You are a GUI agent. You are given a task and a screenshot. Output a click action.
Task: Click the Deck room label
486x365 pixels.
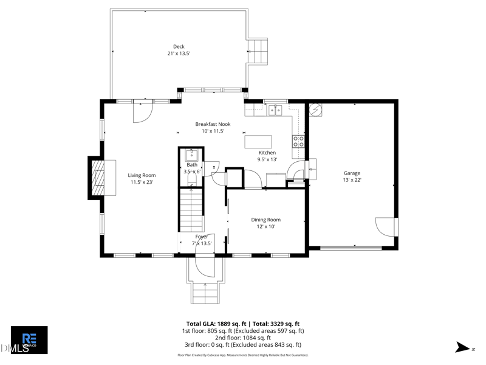(179, 50)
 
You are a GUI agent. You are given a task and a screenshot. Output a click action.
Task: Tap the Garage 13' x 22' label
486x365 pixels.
(352, 176)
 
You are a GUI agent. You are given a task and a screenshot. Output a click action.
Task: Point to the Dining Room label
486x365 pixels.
(266, 223)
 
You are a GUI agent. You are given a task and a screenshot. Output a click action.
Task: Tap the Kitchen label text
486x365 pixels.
(267, 156)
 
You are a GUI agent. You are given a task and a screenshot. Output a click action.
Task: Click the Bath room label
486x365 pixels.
(192, 168)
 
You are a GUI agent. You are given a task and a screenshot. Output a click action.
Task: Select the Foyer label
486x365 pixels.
(202, 240)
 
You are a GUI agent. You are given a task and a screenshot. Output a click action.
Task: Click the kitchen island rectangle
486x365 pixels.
(260, 142)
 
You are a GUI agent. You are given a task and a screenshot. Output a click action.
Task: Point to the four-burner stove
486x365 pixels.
(299, 141)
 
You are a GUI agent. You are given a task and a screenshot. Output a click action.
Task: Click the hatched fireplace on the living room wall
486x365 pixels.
(97, 177)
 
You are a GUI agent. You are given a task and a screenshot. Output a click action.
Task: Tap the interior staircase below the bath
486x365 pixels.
(190, 210)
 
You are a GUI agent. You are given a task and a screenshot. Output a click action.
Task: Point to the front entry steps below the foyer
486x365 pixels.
(205, 294)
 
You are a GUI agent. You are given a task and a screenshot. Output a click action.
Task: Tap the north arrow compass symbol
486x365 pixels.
(464, 348)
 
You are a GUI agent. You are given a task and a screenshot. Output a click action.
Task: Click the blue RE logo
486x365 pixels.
(29, 338)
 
